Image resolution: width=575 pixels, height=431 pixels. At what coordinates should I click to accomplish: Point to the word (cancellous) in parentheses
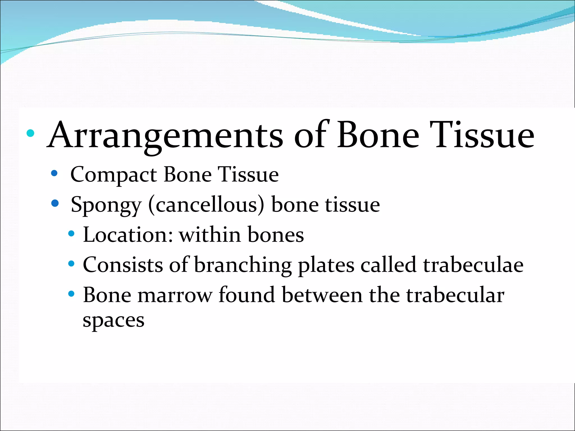(x=206, y=205)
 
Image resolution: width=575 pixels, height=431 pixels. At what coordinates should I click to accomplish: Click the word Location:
(x=128, y=235)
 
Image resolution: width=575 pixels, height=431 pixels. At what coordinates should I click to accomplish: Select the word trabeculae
(x=473, y=265)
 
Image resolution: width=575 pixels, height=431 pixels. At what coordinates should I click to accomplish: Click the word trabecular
(x=455, y=295)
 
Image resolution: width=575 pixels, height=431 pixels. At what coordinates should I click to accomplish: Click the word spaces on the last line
(x=113, y=320)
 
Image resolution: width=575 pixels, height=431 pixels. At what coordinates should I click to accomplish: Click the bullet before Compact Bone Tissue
(x=54, y=173)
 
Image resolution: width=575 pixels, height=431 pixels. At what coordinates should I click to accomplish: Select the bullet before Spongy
(x=55, y=203)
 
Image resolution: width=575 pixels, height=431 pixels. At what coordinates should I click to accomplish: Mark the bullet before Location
(x=72, y=233)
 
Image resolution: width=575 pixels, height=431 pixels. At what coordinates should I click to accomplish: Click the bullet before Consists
(x=72, y=264)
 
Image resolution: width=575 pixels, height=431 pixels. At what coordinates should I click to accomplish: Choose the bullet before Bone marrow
(x=72, y=294)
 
